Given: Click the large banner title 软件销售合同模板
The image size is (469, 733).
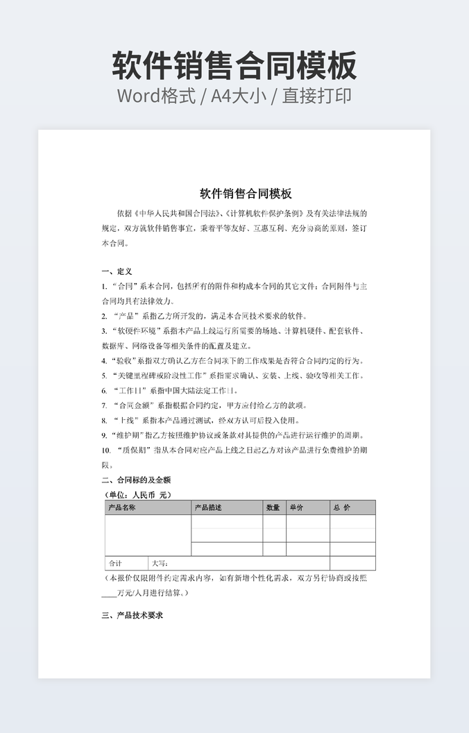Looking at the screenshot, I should tap(235, 66).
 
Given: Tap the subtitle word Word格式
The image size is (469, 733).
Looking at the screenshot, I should tap(156, 96).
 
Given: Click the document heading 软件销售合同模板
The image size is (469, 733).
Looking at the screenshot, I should tap(246, 193).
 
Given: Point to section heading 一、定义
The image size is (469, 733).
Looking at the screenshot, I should tap(117, 271).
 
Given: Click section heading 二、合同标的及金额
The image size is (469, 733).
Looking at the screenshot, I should tap(136, 480).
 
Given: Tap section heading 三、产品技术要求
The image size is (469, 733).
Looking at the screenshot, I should tap(132, 615).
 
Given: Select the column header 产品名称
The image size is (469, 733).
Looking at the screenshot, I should tap(122, 507).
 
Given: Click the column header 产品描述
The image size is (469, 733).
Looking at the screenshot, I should tap(208, 507).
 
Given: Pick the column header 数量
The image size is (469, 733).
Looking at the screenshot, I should tap(273, 507).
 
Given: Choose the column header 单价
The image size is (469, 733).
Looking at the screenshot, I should tap(296, 507).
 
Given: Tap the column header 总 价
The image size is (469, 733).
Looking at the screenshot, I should tap(342, 507).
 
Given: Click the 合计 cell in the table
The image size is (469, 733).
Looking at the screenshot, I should tap(115, 563).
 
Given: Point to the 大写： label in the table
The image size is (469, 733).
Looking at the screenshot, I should tap(160, 563).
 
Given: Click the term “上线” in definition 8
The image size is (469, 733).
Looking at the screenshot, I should tap(126, 421).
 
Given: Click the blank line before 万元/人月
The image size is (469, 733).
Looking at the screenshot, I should tap(109, 593).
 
